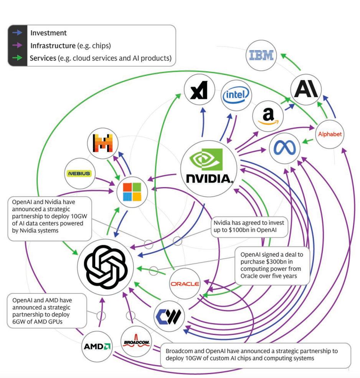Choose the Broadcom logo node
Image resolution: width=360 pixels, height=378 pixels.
[136, 342]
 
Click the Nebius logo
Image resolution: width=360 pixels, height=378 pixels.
[79, 173]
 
